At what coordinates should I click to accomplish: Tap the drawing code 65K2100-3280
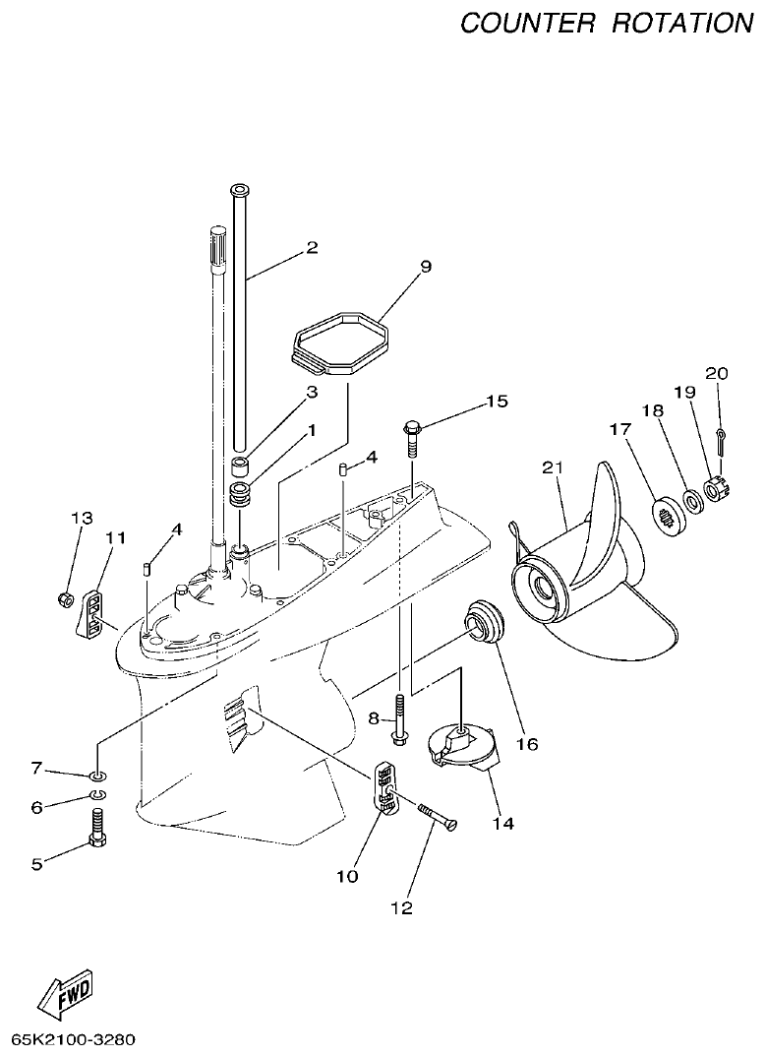tap(74, 1039)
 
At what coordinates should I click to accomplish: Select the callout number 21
tap(553, 469)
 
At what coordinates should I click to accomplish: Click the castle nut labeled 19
tap(715, 486)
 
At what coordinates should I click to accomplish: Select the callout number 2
tap(312, 247)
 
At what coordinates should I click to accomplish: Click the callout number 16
tap(527, 744)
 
